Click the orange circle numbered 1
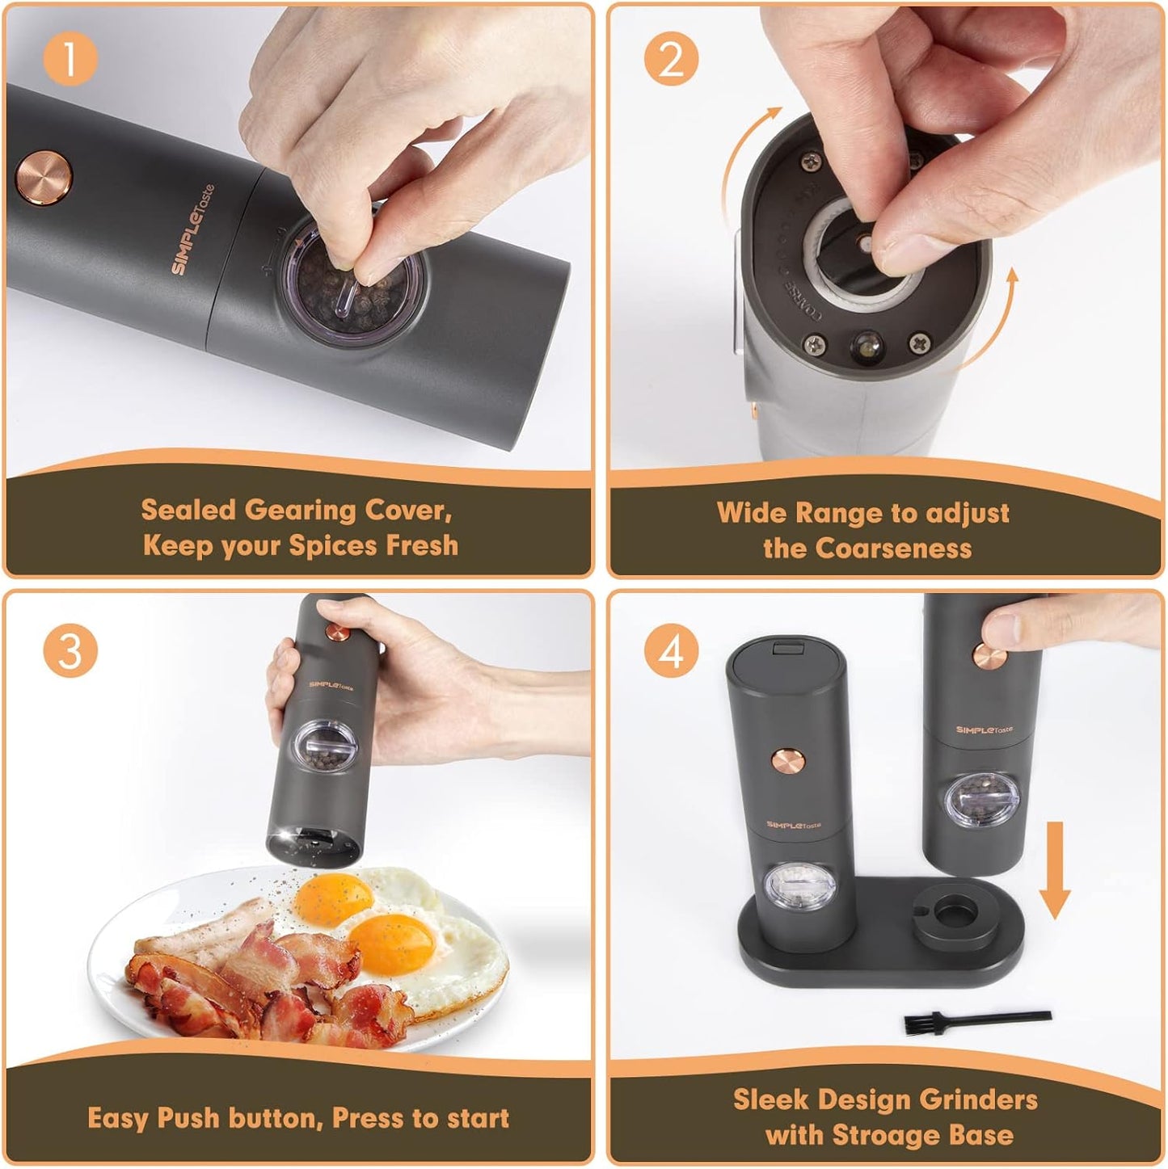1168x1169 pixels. coord(70,59)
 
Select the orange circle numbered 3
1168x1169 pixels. coord(70,650)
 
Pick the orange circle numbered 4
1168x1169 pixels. coord(671,651)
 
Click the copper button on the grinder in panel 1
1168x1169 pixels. coord(44,177)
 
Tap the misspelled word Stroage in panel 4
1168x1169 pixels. coord(888,1135)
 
